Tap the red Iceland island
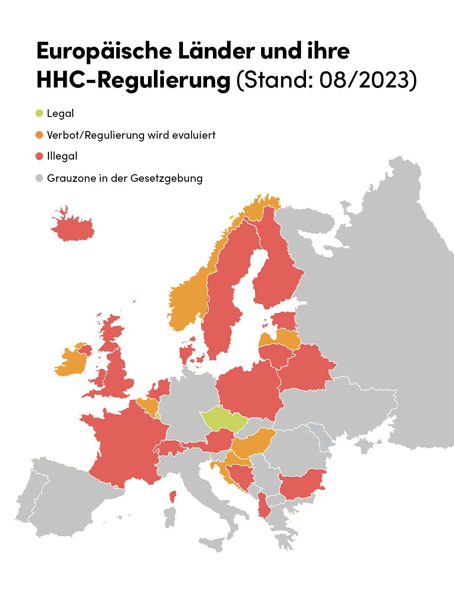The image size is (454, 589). pyautogui.click(x=73, y=227)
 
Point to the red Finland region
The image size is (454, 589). pyautogui.click(x=275, y=272)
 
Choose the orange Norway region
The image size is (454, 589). pyautogui.click(x=188, y=299)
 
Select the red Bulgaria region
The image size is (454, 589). pyautogui.click(x=302, y=483)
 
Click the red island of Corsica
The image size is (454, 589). pyautogui.click(x=173, y=497)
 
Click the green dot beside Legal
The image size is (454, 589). pyautogui.click(x=39, y=113)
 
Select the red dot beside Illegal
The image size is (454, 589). pyautogui.click(x=39, y=156)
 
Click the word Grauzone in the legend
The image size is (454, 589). pyautogui.click(x=68, y=178)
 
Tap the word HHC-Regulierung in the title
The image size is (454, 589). pyautogui.click(x=133, y=80)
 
